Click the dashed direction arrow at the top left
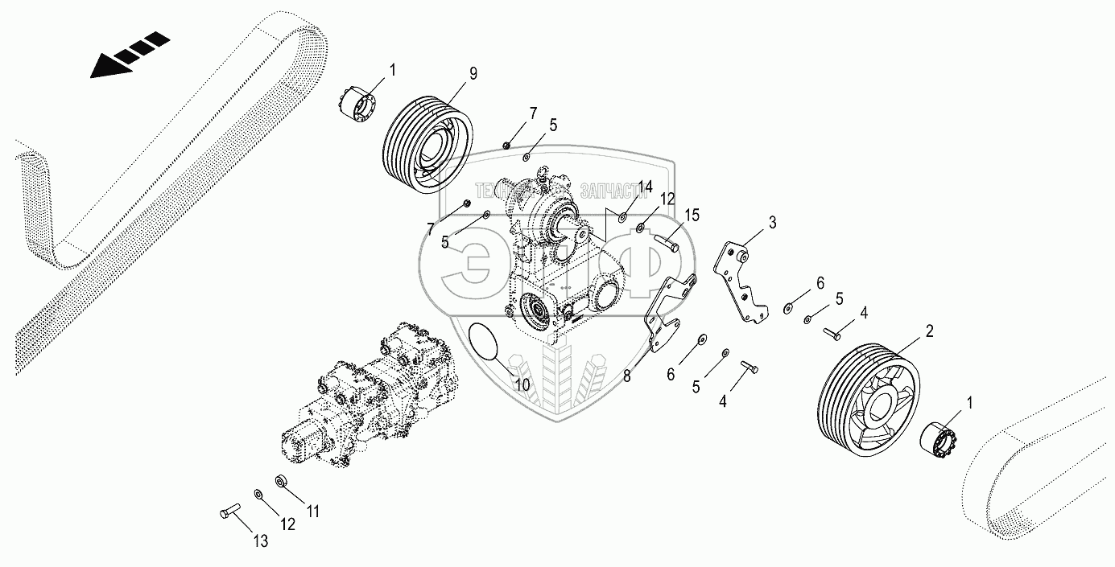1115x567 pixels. (x=129, y=55)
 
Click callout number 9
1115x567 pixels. (x=473, y=74)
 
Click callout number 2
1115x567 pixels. (x=928, y=331)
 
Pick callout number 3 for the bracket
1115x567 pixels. (x=771, y=222)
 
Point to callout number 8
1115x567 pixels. (x=626, y=374)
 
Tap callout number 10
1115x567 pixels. (x=522, y=385)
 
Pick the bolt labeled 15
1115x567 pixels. (x=666, y=240)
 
